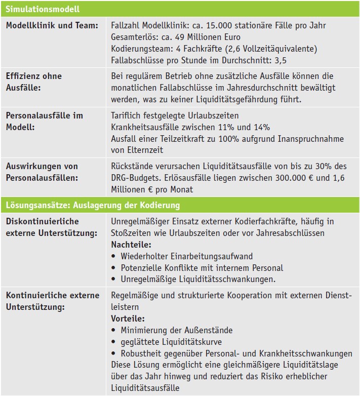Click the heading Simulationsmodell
(43, 9)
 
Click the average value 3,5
(280, 60)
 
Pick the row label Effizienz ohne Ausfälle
(33, 82)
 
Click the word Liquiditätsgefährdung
(249, 99)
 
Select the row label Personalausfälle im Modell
(44, 122)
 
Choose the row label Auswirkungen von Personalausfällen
(42, 172)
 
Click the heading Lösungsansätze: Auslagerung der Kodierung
(93, 205)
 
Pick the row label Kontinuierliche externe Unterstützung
(52, 300)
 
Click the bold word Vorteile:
(128, 319)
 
